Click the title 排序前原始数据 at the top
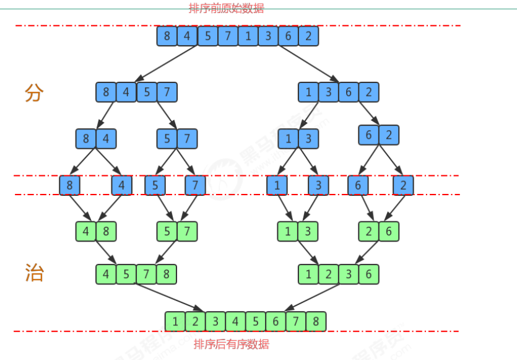(x=226, y=9)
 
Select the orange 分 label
(x=34, y=94)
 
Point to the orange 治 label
(x=34, y=273)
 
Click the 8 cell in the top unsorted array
(x=167, y=36)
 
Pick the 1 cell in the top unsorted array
(x=248, y=36)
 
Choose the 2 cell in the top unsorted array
(x=308, y=36)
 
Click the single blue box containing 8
(x=70, y=185)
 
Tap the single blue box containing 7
(x=195, y=185)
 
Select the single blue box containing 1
(x=277, y=185)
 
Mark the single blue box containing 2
(x=403, y=185)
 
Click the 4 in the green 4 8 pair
(x=86, y=231)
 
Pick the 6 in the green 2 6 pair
(x=389, y=231)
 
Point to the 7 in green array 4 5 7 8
(x=146, y=274)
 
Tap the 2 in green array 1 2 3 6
(x=329, y=274)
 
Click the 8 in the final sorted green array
(x=316, y=322)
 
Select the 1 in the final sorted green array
(x=175, y=322)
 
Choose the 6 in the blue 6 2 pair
(x=369, y=134)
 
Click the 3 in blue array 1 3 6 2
(x=329, y=92)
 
